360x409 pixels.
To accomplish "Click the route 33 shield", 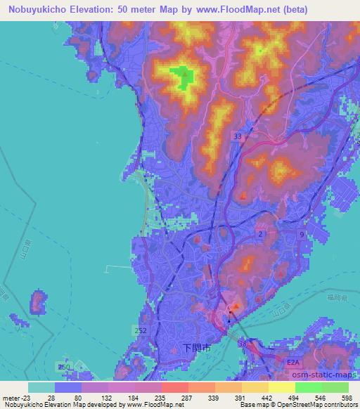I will tap(237, 136).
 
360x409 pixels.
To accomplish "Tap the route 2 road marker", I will tap(261, 233).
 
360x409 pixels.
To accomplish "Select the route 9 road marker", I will tap(302, 233).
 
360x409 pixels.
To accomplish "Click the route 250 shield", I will tap(64, 367).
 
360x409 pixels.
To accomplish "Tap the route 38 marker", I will tap(243, 344).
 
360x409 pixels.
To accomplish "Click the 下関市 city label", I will tap(196, 347).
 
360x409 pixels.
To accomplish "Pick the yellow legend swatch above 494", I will tap(281, 387).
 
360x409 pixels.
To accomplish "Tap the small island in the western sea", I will tap(38, 303).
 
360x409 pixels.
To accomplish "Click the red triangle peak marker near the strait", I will tap(236, 306).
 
